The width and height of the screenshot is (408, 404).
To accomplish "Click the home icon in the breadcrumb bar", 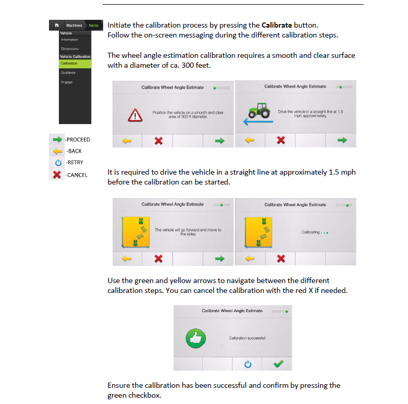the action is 57,25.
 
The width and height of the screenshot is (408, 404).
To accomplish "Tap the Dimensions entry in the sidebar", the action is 70,48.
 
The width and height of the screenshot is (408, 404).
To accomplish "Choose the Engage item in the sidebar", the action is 67,82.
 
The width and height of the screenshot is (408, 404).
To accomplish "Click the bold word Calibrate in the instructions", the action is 277,25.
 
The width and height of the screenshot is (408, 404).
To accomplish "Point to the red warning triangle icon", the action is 135,115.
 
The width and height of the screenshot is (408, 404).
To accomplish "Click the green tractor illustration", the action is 259,111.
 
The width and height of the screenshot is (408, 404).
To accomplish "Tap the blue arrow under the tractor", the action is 258,121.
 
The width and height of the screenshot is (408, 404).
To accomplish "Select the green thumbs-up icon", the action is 196,338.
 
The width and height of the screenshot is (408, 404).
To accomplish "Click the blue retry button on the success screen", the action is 248,364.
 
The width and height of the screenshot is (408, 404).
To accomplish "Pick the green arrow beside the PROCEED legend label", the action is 57,140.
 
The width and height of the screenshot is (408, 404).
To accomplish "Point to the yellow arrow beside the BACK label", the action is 58,151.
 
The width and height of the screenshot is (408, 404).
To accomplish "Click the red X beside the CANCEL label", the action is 57,175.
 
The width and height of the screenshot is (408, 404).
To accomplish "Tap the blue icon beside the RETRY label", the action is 58,163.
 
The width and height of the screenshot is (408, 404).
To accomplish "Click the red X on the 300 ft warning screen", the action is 158,141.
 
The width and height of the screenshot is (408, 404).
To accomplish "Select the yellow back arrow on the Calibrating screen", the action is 250,259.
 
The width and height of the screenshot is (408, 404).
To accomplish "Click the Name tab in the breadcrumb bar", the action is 93,25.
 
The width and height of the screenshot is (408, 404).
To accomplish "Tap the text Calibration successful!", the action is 247,338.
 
